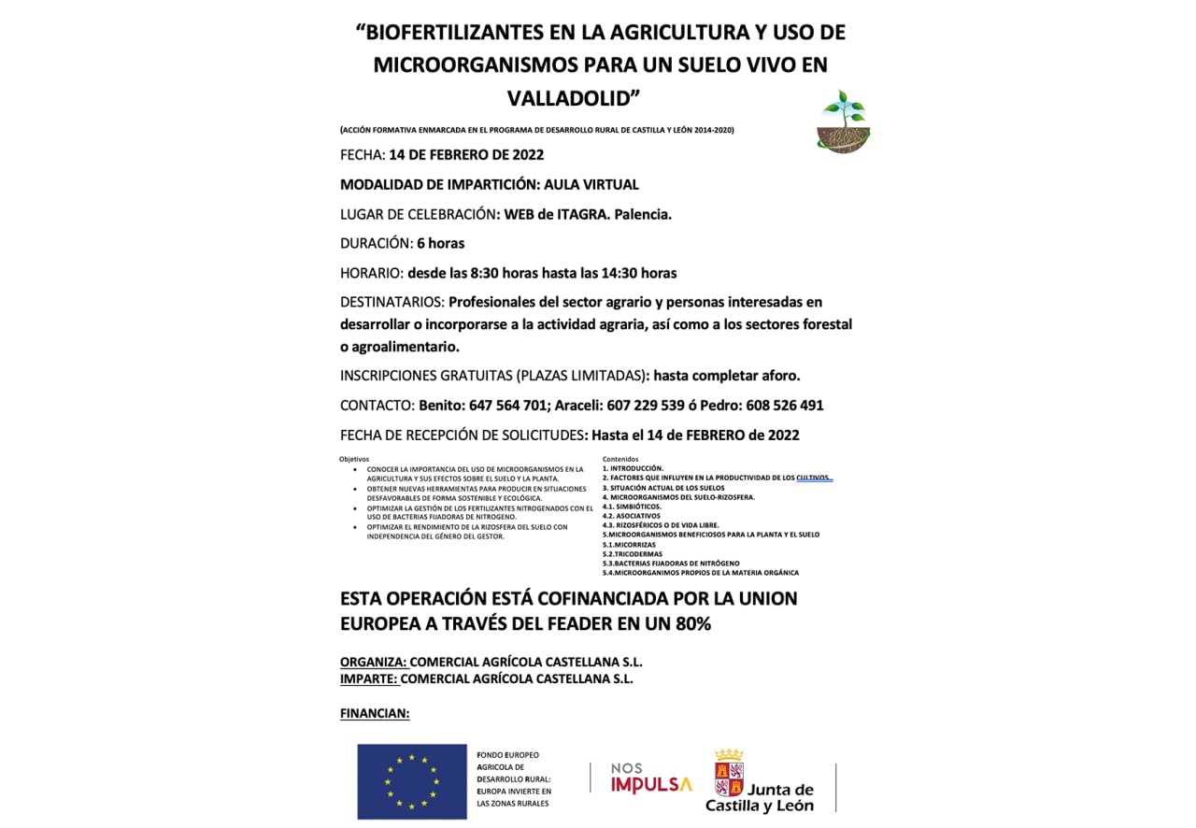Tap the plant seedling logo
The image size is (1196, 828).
843,122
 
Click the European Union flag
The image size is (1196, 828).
412,781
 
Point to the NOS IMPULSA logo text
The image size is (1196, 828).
651,778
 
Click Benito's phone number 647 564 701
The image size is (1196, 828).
508,406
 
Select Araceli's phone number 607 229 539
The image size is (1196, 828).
644,406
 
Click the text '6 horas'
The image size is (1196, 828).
440,243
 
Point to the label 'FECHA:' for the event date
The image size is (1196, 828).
363,155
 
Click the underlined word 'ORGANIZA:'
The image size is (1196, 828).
373,663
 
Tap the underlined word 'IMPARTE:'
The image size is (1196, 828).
369,679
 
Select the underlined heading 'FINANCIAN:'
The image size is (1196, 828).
375,714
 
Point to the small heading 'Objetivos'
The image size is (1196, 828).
354,459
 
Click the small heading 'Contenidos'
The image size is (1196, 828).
620,459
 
